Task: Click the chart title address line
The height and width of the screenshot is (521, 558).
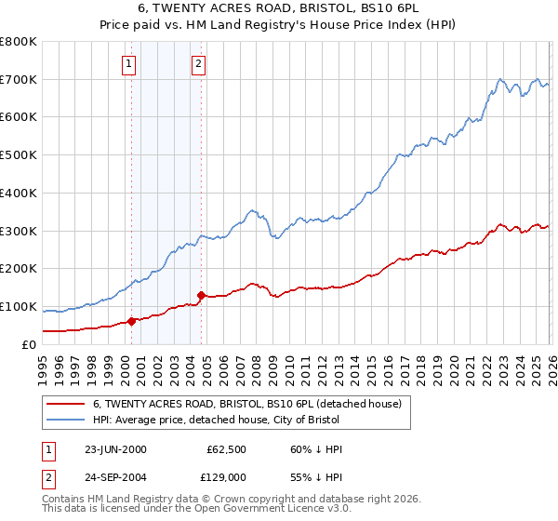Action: tap(279, 9)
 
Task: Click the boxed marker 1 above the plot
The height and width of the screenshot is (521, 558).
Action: tap(128, 64)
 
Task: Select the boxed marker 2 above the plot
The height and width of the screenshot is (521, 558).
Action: tap(199, 64)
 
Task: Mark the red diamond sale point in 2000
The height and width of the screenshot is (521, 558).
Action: tap(132, 321)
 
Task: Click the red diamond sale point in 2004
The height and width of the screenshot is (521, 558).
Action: tap(202, 295)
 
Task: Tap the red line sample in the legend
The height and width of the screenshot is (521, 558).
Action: tap(65, 405)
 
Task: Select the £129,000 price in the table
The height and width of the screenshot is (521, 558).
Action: tap(227, 475)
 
